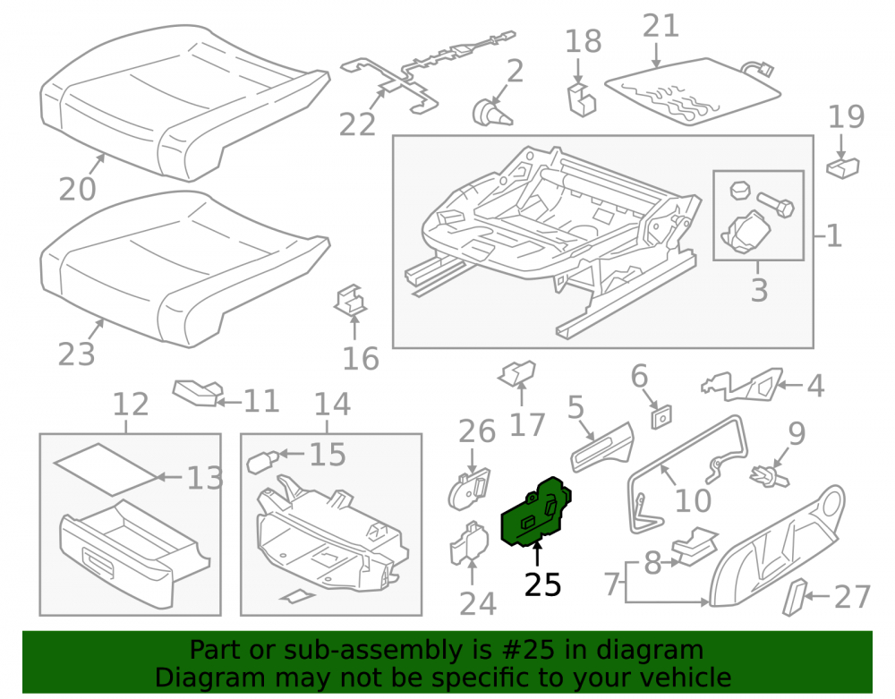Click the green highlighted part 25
coord(535,512)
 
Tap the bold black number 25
coord(543,584)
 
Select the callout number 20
coord(77,189)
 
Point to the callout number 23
coord(76,354)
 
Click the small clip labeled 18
coord(582,99)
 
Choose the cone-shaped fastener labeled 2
coord(490,112)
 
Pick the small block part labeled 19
coord(843,167)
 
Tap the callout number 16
coord(361,359)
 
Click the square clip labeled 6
coord(661,417)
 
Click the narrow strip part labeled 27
coord(796,597)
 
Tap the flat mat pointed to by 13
coord(105,469)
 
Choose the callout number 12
coord(131,405)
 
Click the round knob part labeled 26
coord(469,489)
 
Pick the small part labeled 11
coord(198,393)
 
